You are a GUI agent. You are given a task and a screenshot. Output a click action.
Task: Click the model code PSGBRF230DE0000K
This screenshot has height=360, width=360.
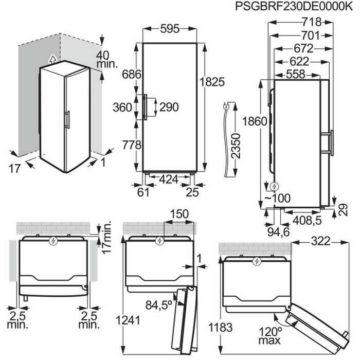coord(294,6)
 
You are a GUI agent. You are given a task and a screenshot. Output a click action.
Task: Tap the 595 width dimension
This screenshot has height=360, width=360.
coord(170,29)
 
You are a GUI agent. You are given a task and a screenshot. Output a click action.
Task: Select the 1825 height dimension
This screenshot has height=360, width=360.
coord(212,82)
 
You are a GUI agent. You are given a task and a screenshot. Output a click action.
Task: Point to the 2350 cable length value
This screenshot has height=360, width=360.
coord(236,146)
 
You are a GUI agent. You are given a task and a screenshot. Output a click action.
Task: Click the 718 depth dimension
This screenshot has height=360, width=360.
coord(312,22)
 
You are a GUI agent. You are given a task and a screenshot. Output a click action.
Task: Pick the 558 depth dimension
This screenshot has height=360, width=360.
coord(296,75)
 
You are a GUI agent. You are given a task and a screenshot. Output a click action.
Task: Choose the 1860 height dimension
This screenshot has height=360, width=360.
coord(255,121)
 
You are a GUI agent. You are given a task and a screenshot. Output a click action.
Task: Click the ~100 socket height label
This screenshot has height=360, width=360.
coord(278,198)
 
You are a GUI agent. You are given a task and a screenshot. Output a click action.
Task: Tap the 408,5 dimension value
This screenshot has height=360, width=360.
coord(307,221)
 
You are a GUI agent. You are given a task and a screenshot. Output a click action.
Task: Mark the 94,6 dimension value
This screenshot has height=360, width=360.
coord(279,232)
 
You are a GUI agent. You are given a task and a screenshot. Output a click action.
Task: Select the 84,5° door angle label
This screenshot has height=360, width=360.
coord(159,305)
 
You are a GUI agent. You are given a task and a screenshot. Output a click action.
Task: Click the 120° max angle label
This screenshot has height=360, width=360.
coord(270,336)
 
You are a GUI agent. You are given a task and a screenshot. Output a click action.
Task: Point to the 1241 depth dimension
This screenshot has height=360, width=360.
coord(128,320)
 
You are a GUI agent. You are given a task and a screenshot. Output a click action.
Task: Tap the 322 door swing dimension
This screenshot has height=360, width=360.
coord(321,241)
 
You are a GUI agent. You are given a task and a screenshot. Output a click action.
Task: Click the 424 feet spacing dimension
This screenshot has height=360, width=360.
coord(169,179)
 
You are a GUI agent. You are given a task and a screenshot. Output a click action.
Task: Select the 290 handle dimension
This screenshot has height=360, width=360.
coord(169,107)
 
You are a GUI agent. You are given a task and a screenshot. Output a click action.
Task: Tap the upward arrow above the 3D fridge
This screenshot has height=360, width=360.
coord(52,59)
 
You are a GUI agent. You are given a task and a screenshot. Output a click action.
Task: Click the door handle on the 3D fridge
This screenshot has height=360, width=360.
coord(67,119)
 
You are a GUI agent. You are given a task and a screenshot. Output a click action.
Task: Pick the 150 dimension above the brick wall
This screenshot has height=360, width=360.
coord(179,214)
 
